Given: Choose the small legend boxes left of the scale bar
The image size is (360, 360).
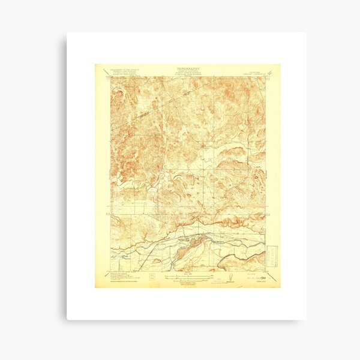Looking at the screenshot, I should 151,277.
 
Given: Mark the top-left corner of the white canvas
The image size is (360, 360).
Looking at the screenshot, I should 67,32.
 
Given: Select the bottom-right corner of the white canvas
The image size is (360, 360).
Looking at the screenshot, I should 305,319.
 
